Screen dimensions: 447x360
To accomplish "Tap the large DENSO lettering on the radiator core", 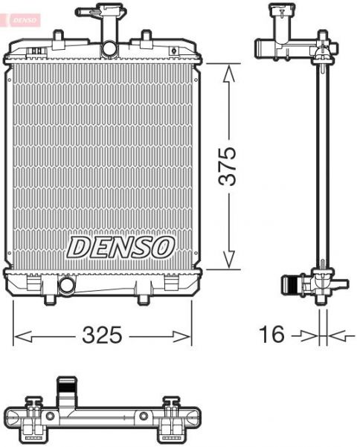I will tap(121, 246).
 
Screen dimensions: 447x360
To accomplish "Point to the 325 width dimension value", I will tap(102, 335).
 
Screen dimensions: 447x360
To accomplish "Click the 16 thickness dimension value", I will tap(273, 335).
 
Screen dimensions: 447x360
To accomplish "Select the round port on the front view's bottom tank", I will tap(67, 285).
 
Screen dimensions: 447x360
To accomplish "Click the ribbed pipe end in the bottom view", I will tap(66, 387).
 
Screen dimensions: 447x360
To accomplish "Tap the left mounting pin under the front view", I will tap(49, 299).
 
